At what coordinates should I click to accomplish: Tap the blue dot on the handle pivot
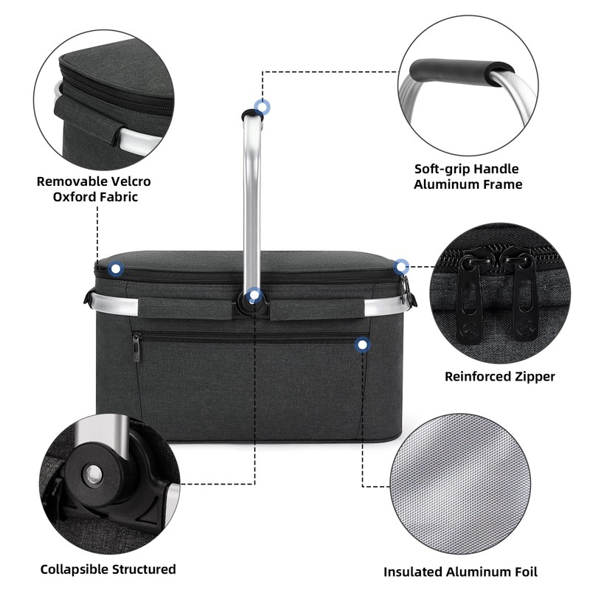click(x=254, y=296)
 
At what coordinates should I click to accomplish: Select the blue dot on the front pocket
click(x=361, y=344)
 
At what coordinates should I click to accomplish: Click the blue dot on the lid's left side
click(x=116, y=269)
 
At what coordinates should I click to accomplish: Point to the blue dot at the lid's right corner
click(x=401, y=266)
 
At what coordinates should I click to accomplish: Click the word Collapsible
click(x=74, y=569)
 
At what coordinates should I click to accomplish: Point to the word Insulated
click(x=413, y=572)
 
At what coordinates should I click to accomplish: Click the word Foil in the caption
click(x=523, y=572)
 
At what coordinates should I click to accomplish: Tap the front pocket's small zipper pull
click(x=136, y=347)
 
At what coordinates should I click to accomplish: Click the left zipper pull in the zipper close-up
click(x=468, y=299)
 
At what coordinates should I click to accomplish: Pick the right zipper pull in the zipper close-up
click(x=524, y=299)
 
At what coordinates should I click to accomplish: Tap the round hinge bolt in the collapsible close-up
click(x=92, y=474)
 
